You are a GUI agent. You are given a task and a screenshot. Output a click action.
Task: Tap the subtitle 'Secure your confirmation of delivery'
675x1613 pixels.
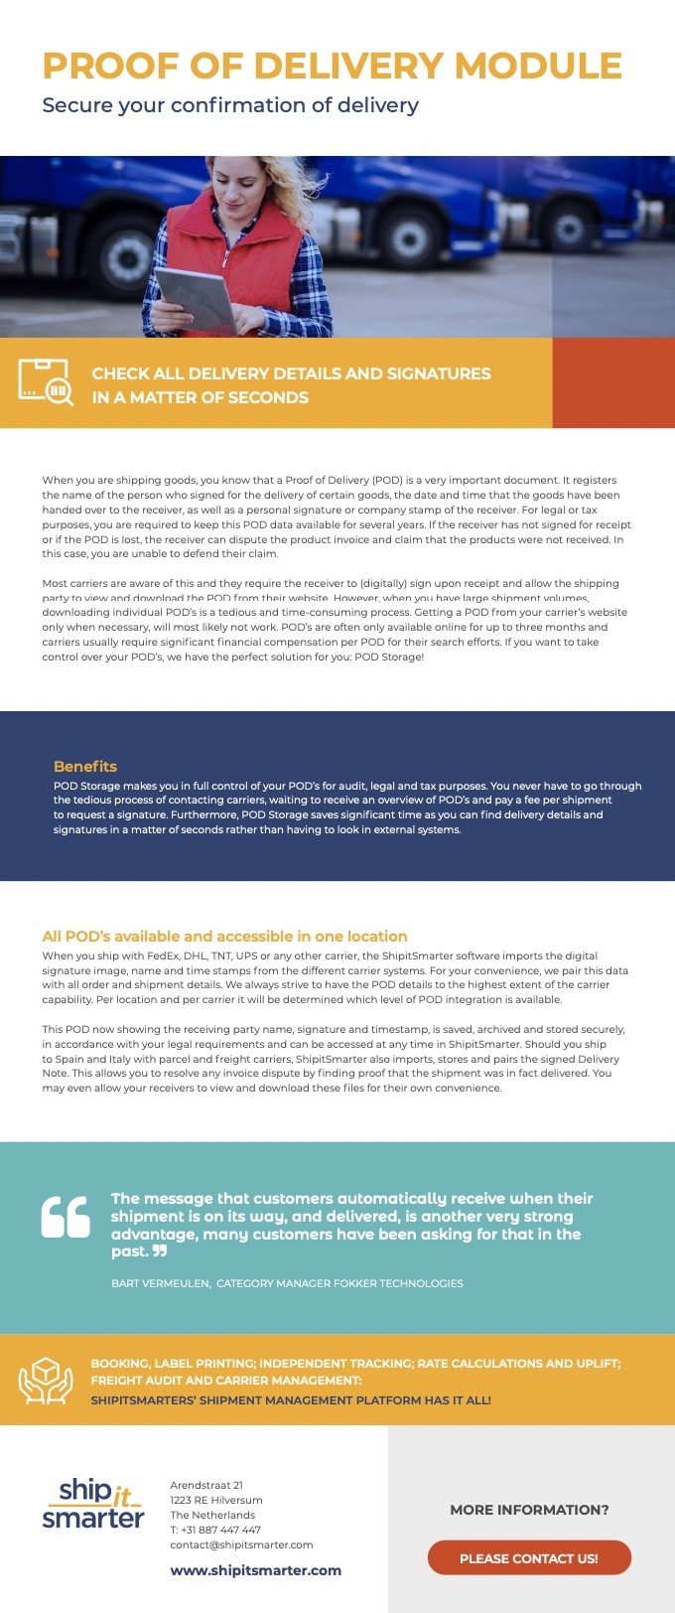[x=230, y=105]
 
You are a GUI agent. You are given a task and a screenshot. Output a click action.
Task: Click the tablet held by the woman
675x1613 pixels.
[x=196, y=295]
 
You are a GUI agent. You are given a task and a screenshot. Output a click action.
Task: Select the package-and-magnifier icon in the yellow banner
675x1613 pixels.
[x=46, y=382]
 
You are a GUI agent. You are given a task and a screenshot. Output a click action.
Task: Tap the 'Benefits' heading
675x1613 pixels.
[x=85, y=767]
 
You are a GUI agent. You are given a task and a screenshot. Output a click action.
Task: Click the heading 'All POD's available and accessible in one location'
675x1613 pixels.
[x=224, y=936]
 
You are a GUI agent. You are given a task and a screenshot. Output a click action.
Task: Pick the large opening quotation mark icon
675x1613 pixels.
[x=66, y=1217]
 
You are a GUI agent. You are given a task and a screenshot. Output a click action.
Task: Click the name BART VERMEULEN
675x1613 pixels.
[x=160, y=1283]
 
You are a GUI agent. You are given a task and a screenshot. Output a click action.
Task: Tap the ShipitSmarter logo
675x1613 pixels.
[x=93, y=1504]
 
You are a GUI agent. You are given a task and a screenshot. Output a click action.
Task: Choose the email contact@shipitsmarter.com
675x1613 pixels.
[x=241, y=1544]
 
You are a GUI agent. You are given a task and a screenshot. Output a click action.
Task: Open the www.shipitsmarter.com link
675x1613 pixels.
[x=255, y=1570]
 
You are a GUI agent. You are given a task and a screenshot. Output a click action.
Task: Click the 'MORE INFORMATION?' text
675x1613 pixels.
[x=529, y=1510]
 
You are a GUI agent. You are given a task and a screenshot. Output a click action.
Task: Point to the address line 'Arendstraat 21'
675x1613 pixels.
[x=206, y=1485]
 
